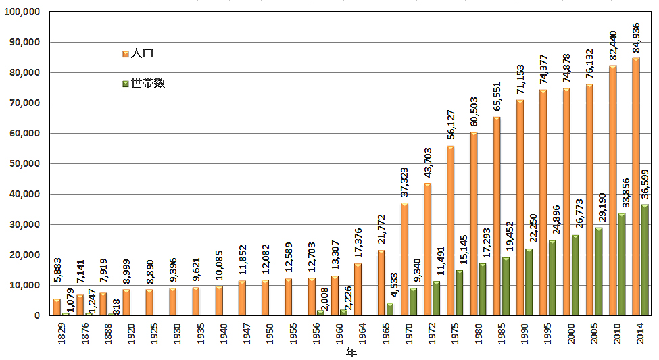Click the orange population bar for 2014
pyautogui.click(x=636, y=186)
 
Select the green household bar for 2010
pyautogui.click(x=621, y=264)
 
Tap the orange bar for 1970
pyautogui.click(x=404, y=259)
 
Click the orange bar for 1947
pyautogui.click(x=242, y=298)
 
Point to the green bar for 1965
pyautogui.click(x=389, y=309)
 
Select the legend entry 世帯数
pyautogui.click(x=143, y=83)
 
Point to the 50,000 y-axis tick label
pyautogui.click(x=26, y=163)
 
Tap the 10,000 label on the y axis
pyautogui.click(x=26, y=285)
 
